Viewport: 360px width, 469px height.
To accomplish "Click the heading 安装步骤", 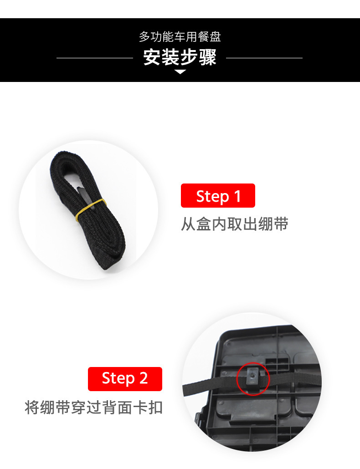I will [x=180, y=58].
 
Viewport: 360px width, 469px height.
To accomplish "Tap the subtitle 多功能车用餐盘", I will [x=180, y=37].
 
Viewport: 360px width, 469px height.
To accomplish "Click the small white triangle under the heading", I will [x=180, y=72].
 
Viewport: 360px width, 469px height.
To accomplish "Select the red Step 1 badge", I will [x=218, y=196].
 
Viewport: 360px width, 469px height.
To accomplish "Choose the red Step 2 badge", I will [x=125, y=379].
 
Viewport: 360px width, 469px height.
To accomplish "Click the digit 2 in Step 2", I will [x=144, y=379].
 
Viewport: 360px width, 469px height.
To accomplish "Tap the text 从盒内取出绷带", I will [x=235, y=224].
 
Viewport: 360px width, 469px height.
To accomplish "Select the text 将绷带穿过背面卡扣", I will [x=93, y=407].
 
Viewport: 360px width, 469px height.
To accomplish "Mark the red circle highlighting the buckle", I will [x=253, y=379].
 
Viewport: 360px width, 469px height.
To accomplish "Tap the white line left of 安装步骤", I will [x=95, y=58].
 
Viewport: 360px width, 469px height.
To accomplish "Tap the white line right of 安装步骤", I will [x=264, y=58].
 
